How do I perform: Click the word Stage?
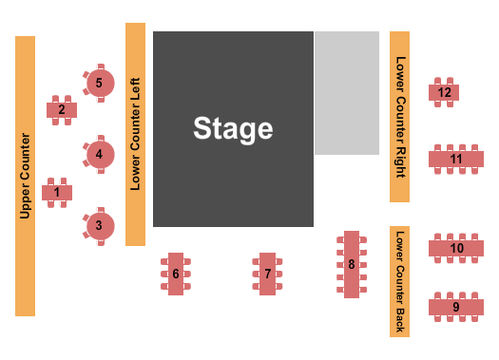(x=233, y=128)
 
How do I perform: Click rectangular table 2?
(x=62, y=109)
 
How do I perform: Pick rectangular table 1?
(x=57, y=193)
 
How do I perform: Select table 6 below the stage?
(x=176, y=274)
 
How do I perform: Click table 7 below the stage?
(x=268, y=274)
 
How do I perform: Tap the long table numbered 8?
(x=351, y=264)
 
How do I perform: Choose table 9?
(x=456, y=307)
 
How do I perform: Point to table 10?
(x=456, y=248)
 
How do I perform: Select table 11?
(x=456, y=159)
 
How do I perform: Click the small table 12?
(x=445, y=92)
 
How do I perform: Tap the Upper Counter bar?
(x=25, y=176)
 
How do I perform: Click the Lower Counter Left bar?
(x=135, y=134)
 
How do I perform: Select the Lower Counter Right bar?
(x=399, y=116)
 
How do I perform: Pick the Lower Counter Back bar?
(x=399, y=281)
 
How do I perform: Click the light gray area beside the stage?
(x=346, y=93)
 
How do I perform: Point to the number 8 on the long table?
(x=351, y=264)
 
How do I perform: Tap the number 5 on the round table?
(x=99, y=83)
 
